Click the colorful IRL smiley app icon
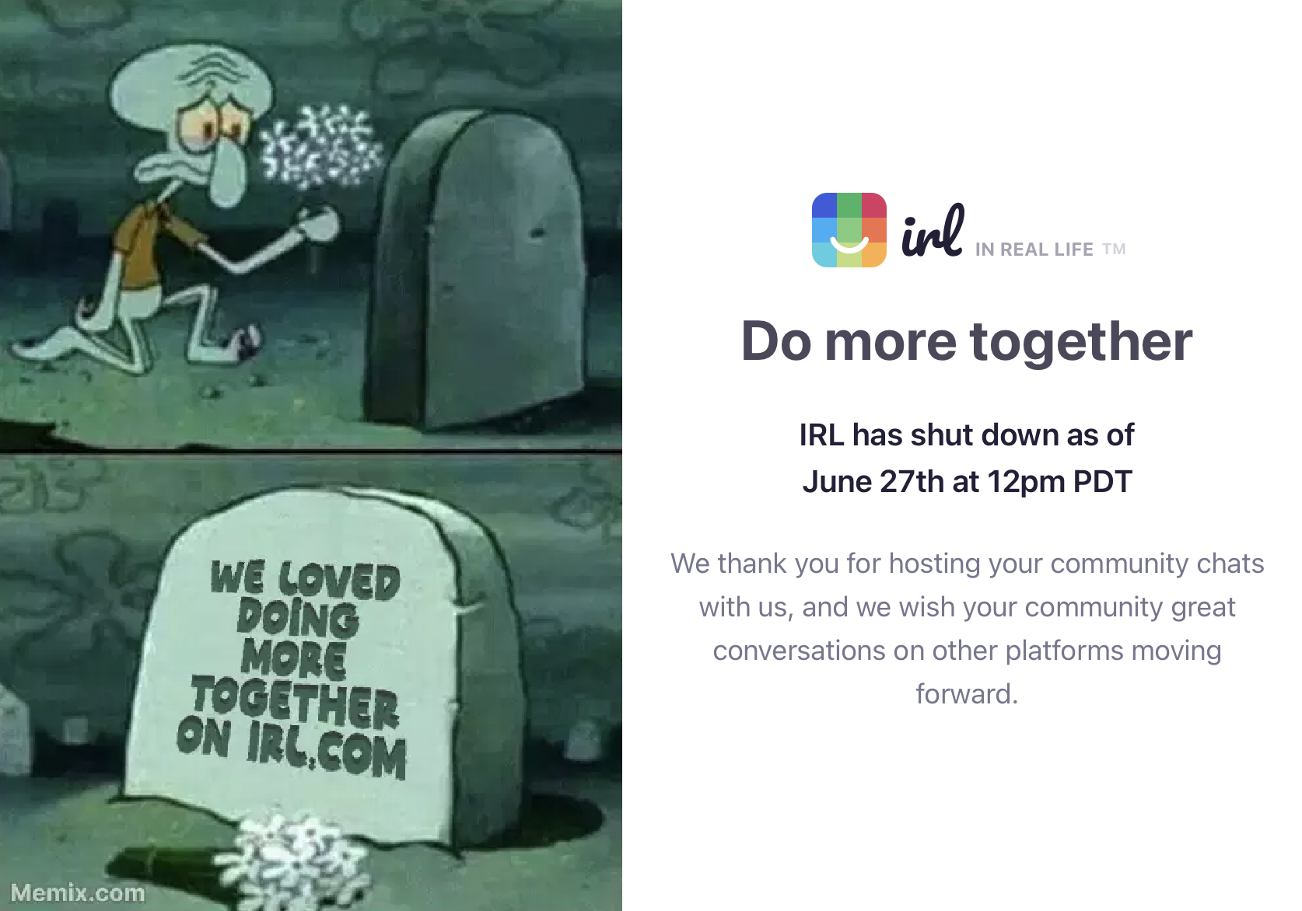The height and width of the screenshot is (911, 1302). point(849,230)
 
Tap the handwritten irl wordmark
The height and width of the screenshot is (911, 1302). point(933,231)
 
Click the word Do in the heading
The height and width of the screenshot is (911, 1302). point(776,342)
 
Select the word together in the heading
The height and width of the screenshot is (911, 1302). point(1081,343)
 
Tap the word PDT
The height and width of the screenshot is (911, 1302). point(1103,482)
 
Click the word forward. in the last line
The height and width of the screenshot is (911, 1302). point(967,693)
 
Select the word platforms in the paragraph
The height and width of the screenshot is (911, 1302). point(1064,651)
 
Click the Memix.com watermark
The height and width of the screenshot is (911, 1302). point(78,892)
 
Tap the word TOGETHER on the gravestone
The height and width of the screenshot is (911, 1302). point(295,702)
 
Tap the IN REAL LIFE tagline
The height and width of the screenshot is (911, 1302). point(1034,250)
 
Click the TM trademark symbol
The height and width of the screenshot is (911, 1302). point(1114,249)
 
